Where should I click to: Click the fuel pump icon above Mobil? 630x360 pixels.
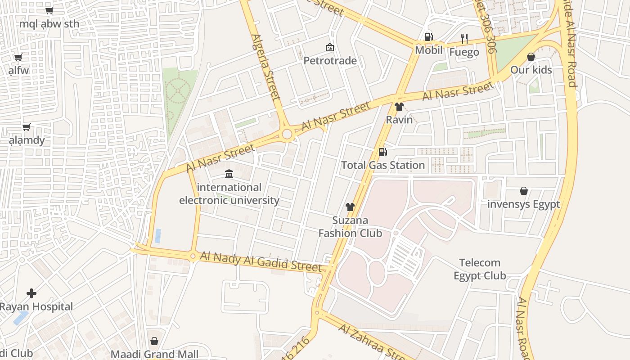pos(428,37)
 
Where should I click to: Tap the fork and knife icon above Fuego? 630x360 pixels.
pos(464,39)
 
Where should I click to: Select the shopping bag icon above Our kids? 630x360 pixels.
pos(531,57)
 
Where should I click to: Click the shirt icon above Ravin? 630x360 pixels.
pos(399,107)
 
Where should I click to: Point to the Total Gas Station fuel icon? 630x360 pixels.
pos(382,152)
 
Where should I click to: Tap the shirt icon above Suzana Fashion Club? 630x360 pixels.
pos(350,207)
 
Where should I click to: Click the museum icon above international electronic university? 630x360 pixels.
pos(229,174)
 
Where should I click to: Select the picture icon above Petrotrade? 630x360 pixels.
pos(330,47)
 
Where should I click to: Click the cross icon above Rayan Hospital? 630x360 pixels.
pos(31,293)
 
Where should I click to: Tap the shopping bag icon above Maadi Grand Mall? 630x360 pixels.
pos(154,341)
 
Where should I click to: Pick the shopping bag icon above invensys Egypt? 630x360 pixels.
pos(524,191)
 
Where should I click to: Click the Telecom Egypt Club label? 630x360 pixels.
pos(480,269)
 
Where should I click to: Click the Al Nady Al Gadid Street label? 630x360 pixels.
pos(261,261)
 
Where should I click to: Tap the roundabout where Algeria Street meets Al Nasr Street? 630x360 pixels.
pos(287,134)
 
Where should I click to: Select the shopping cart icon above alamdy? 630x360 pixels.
pos(26,127)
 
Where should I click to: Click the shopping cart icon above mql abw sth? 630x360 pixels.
pos(49,10)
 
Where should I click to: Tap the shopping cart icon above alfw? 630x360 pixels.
pos(18,57)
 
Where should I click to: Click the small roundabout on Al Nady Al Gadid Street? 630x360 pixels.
pos(193,256)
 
